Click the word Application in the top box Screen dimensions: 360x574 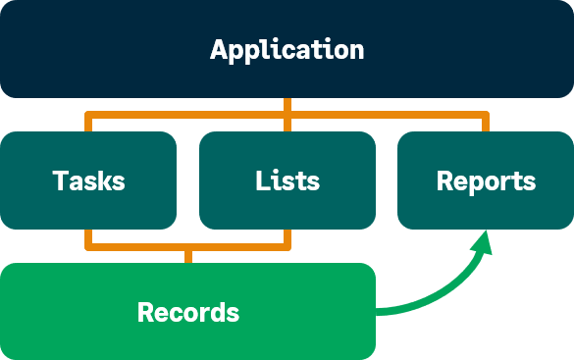287,50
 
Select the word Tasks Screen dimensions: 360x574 88,181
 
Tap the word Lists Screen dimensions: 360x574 287,181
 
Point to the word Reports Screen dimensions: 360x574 486,181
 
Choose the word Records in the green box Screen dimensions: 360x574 188,313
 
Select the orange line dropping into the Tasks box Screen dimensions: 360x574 88,124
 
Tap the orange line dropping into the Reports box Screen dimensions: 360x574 485,124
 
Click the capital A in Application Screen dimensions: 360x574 220,50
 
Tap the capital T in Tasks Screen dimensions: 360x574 59,181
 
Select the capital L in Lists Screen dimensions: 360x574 261,181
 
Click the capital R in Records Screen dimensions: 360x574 145,313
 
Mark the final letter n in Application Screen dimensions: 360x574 356,51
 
